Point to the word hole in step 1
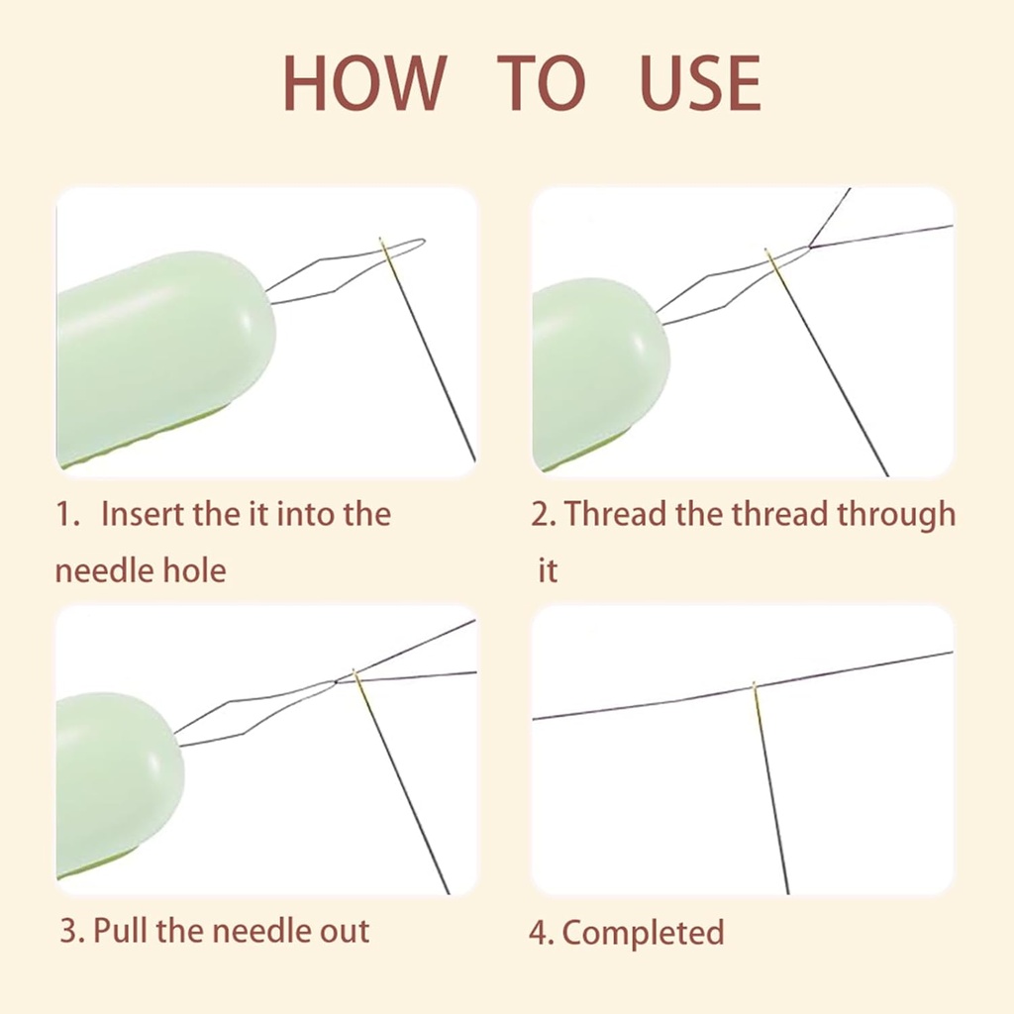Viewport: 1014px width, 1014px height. click(x=194, y=570)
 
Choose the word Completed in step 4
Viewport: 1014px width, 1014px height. click(x=643, y=933)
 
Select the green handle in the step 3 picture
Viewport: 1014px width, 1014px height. click(x=114, y=782)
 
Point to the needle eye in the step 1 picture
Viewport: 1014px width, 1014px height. click(x=384, y=251)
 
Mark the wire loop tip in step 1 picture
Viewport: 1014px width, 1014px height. click(x=421, y=241)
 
